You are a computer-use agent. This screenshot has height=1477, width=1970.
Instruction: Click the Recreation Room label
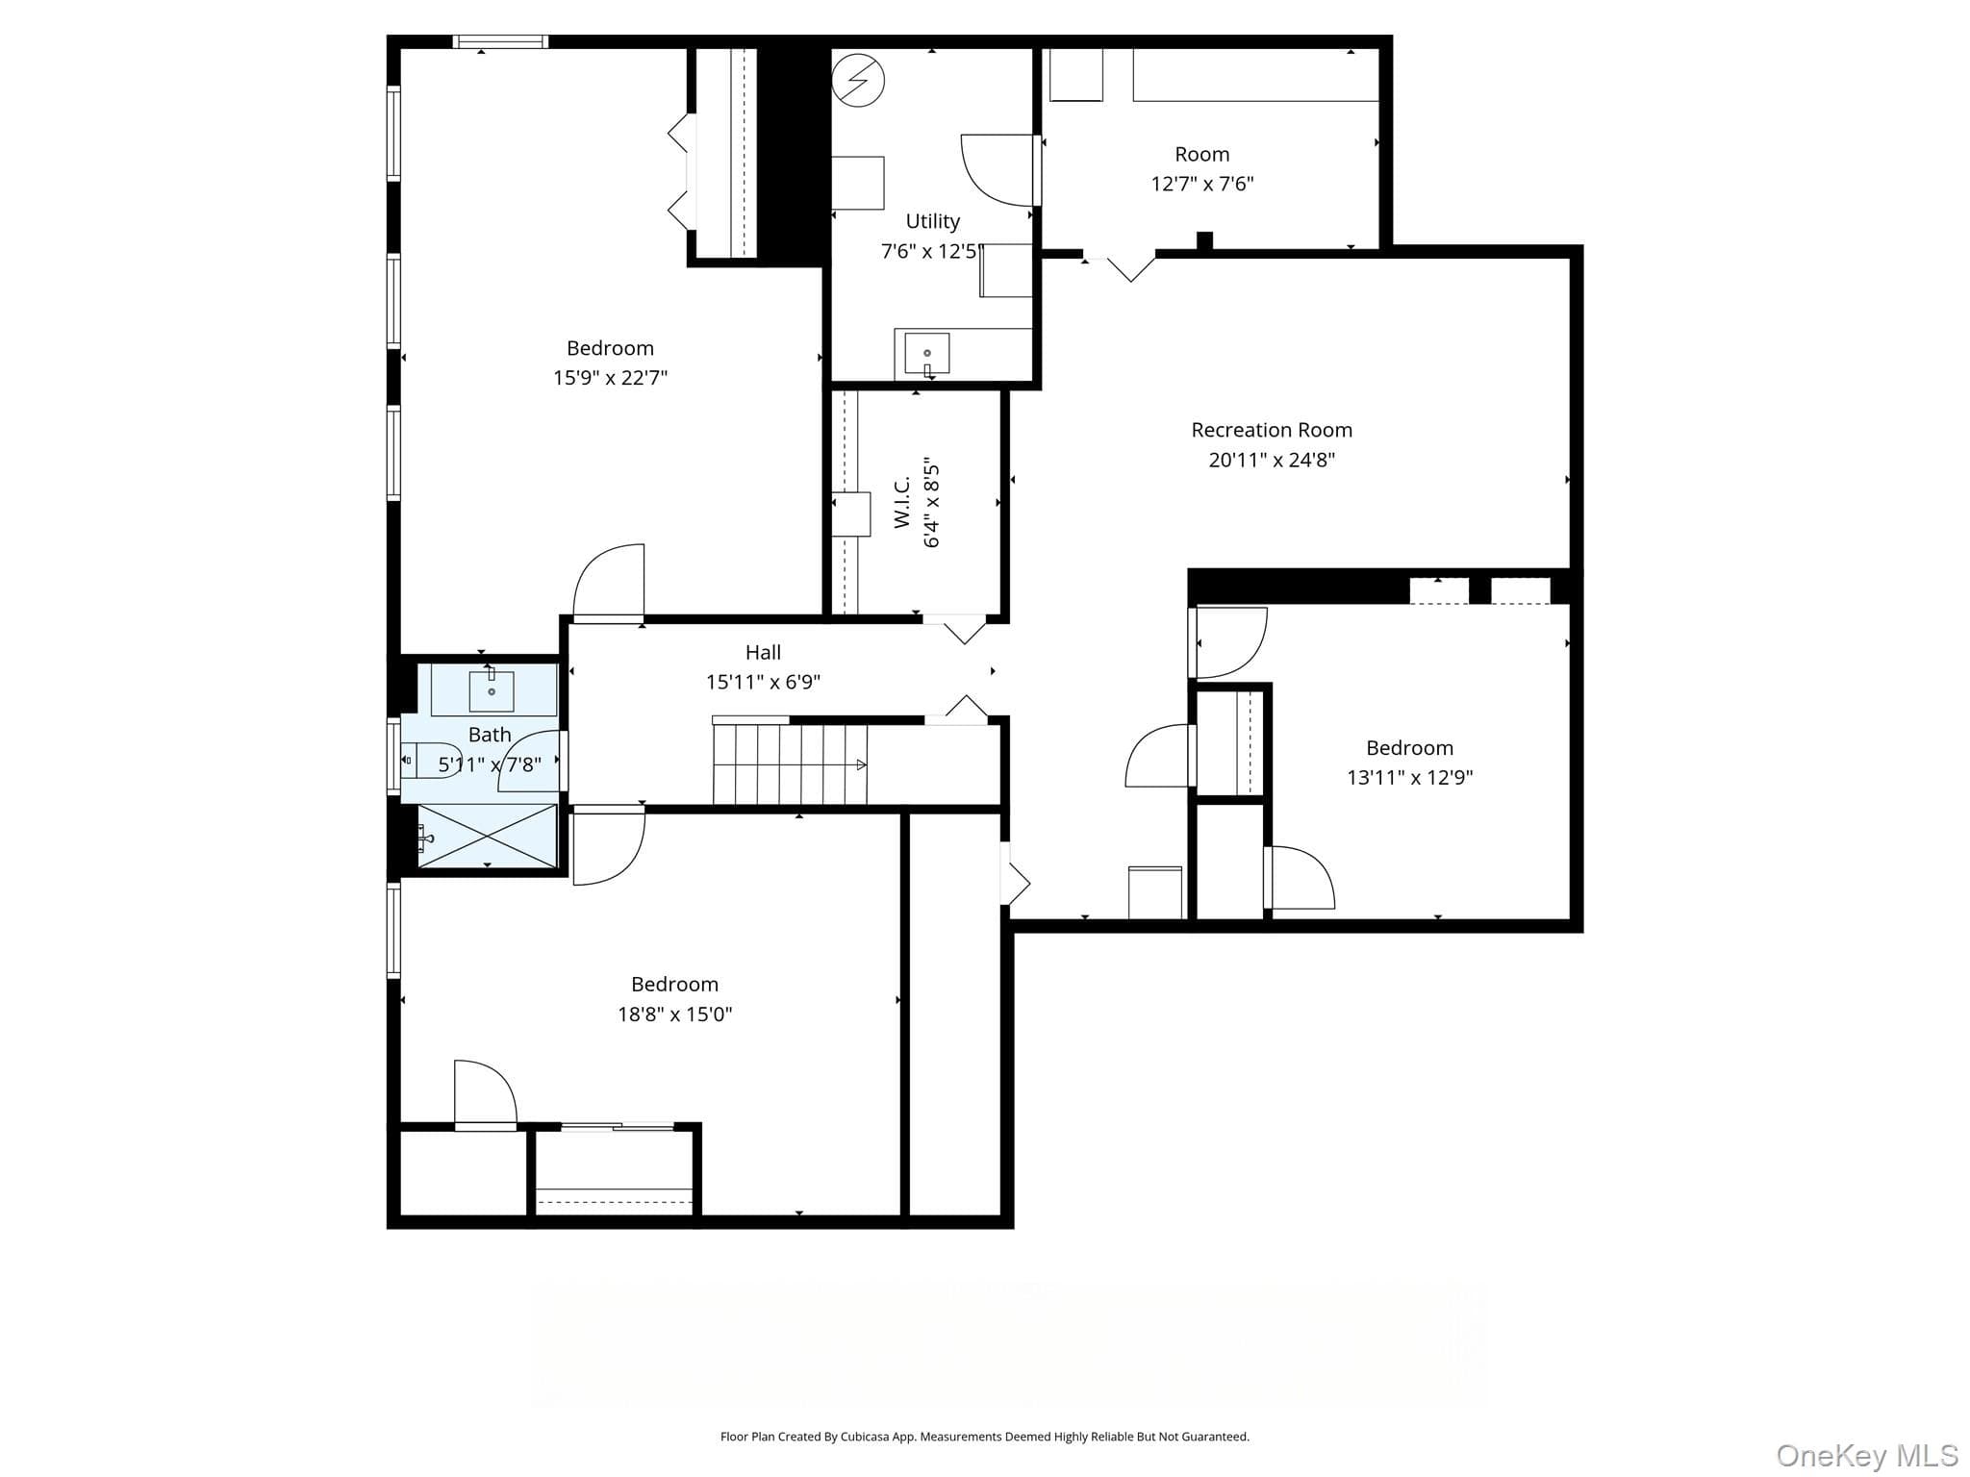pos(1272,430)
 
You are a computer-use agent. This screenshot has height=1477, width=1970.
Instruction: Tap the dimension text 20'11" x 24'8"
pos(1272,460)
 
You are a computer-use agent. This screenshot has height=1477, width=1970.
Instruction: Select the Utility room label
pos(932,221)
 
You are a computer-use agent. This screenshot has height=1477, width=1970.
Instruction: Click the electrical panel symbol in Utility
pos(858,81)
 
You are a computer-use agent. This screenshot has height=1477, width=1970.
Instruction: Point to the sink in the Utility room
pos(927,354)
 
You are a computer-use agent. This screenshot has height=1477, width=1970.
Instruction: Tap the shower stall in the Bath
pos(487,836)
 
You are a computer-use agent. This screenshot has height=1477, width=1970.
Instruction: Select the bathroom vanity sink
pos(492,689)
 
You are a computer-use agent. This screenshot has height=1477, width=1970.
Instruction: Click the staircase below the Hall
pos(790,764)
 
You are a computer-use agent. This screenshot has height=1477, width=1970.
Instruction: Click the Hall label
pos(763,652)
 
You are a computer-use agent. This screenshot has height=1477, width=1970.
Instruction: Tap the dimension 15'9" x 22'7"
pos(610,378)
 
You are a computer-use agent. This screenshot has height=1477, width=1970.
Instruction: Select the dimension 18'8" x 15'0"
pos(674,1014)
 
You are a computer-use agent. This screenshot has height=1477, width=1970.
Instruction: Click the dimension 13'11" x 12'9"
pos(1409,777)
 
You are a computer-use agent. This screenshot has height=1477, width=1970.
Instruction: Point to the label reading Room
pos(1201,154)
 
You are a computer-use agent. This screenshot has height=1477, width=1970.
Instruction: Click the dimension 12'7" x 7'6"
pos(1201,184)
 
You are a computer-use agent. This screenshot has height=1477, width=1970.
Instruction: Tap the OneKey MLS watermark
pos(1866,1455)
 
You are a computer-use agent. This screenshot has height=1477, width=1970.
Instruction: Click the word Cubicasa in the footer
pos(861,1438)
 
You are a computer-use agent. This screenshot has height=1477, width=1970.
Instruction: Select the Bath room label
pos(490,735)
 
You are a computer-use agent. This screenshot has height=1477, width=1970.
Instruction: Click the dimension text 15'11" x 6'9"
pos(763,682)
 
